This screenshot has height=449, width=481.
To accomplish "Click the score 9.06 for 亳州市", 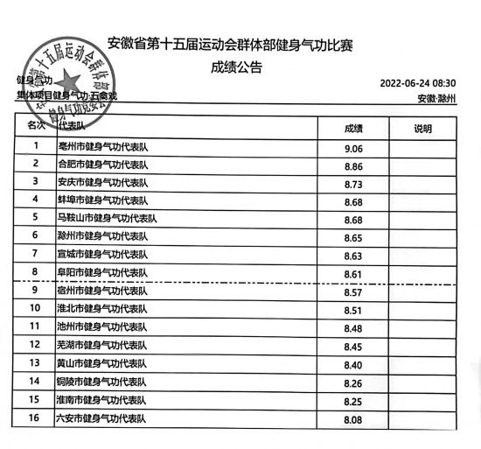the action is (353, 148).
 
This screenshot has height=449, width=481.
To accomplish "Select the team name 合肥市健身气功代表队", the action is (102, 165).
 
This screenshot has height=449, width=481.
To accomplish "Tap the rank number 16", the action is (35, 417).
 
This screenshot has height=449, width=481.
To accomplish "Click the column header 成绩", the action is (354, 129).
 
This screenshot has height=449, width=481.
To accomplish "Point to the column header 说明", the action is (422, 129).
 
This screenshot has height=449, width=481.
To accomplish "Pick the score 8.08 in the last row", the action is (353, 420).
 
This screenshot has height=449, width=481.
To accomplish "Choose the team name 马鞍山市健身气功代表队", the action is (111, 217).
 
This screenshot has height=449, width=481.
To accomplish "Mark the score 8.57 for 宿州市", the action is (354, 292).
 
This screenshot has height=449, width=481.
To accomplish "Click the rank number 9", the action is (35, 290).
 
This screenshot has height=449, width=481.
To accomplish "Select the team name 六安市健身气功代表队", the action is (102, 418).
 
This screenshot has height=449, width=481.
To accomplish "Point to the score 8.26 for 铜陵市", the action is (354, 382).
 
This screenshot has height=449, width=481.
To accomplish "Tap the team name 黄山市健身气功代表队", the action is (102, 363).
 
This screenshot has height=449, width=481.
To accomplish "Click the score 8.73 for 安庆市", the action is (353, 185).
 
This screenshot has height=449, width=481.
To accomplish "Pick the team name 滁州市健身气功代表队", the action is (102, 235).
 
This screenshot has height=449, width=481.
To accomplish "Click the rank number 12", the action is (35, 344).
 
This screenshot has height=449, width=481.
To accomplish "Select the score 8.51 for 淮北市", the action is (353, 310).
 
